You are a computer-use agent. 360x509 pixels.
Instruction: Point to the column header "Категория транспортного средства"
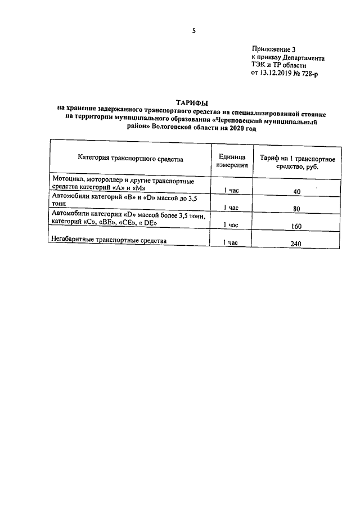click(x=130, y=159)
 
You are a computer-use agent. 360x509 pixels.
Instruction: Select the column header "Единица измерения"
click(x=231, y=159)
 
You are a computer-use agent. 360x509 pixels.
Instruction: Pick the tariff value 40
click(x=297, y=192)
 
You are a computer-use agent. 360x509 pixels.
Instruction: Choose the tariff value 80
click(x=297, y=209)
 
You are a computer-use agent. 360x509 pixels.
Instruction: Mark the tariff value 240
click(x=297, y=244)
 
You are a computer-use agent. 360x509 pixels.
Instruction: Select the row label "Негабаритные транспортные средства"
click(x=109, y=241)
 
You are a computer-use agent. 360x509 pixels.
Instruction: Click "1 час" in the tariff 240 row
click(x=231, y=242)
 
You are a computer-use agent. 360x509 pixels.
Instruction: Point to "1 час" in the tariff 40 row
click(x=231, y=191)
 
